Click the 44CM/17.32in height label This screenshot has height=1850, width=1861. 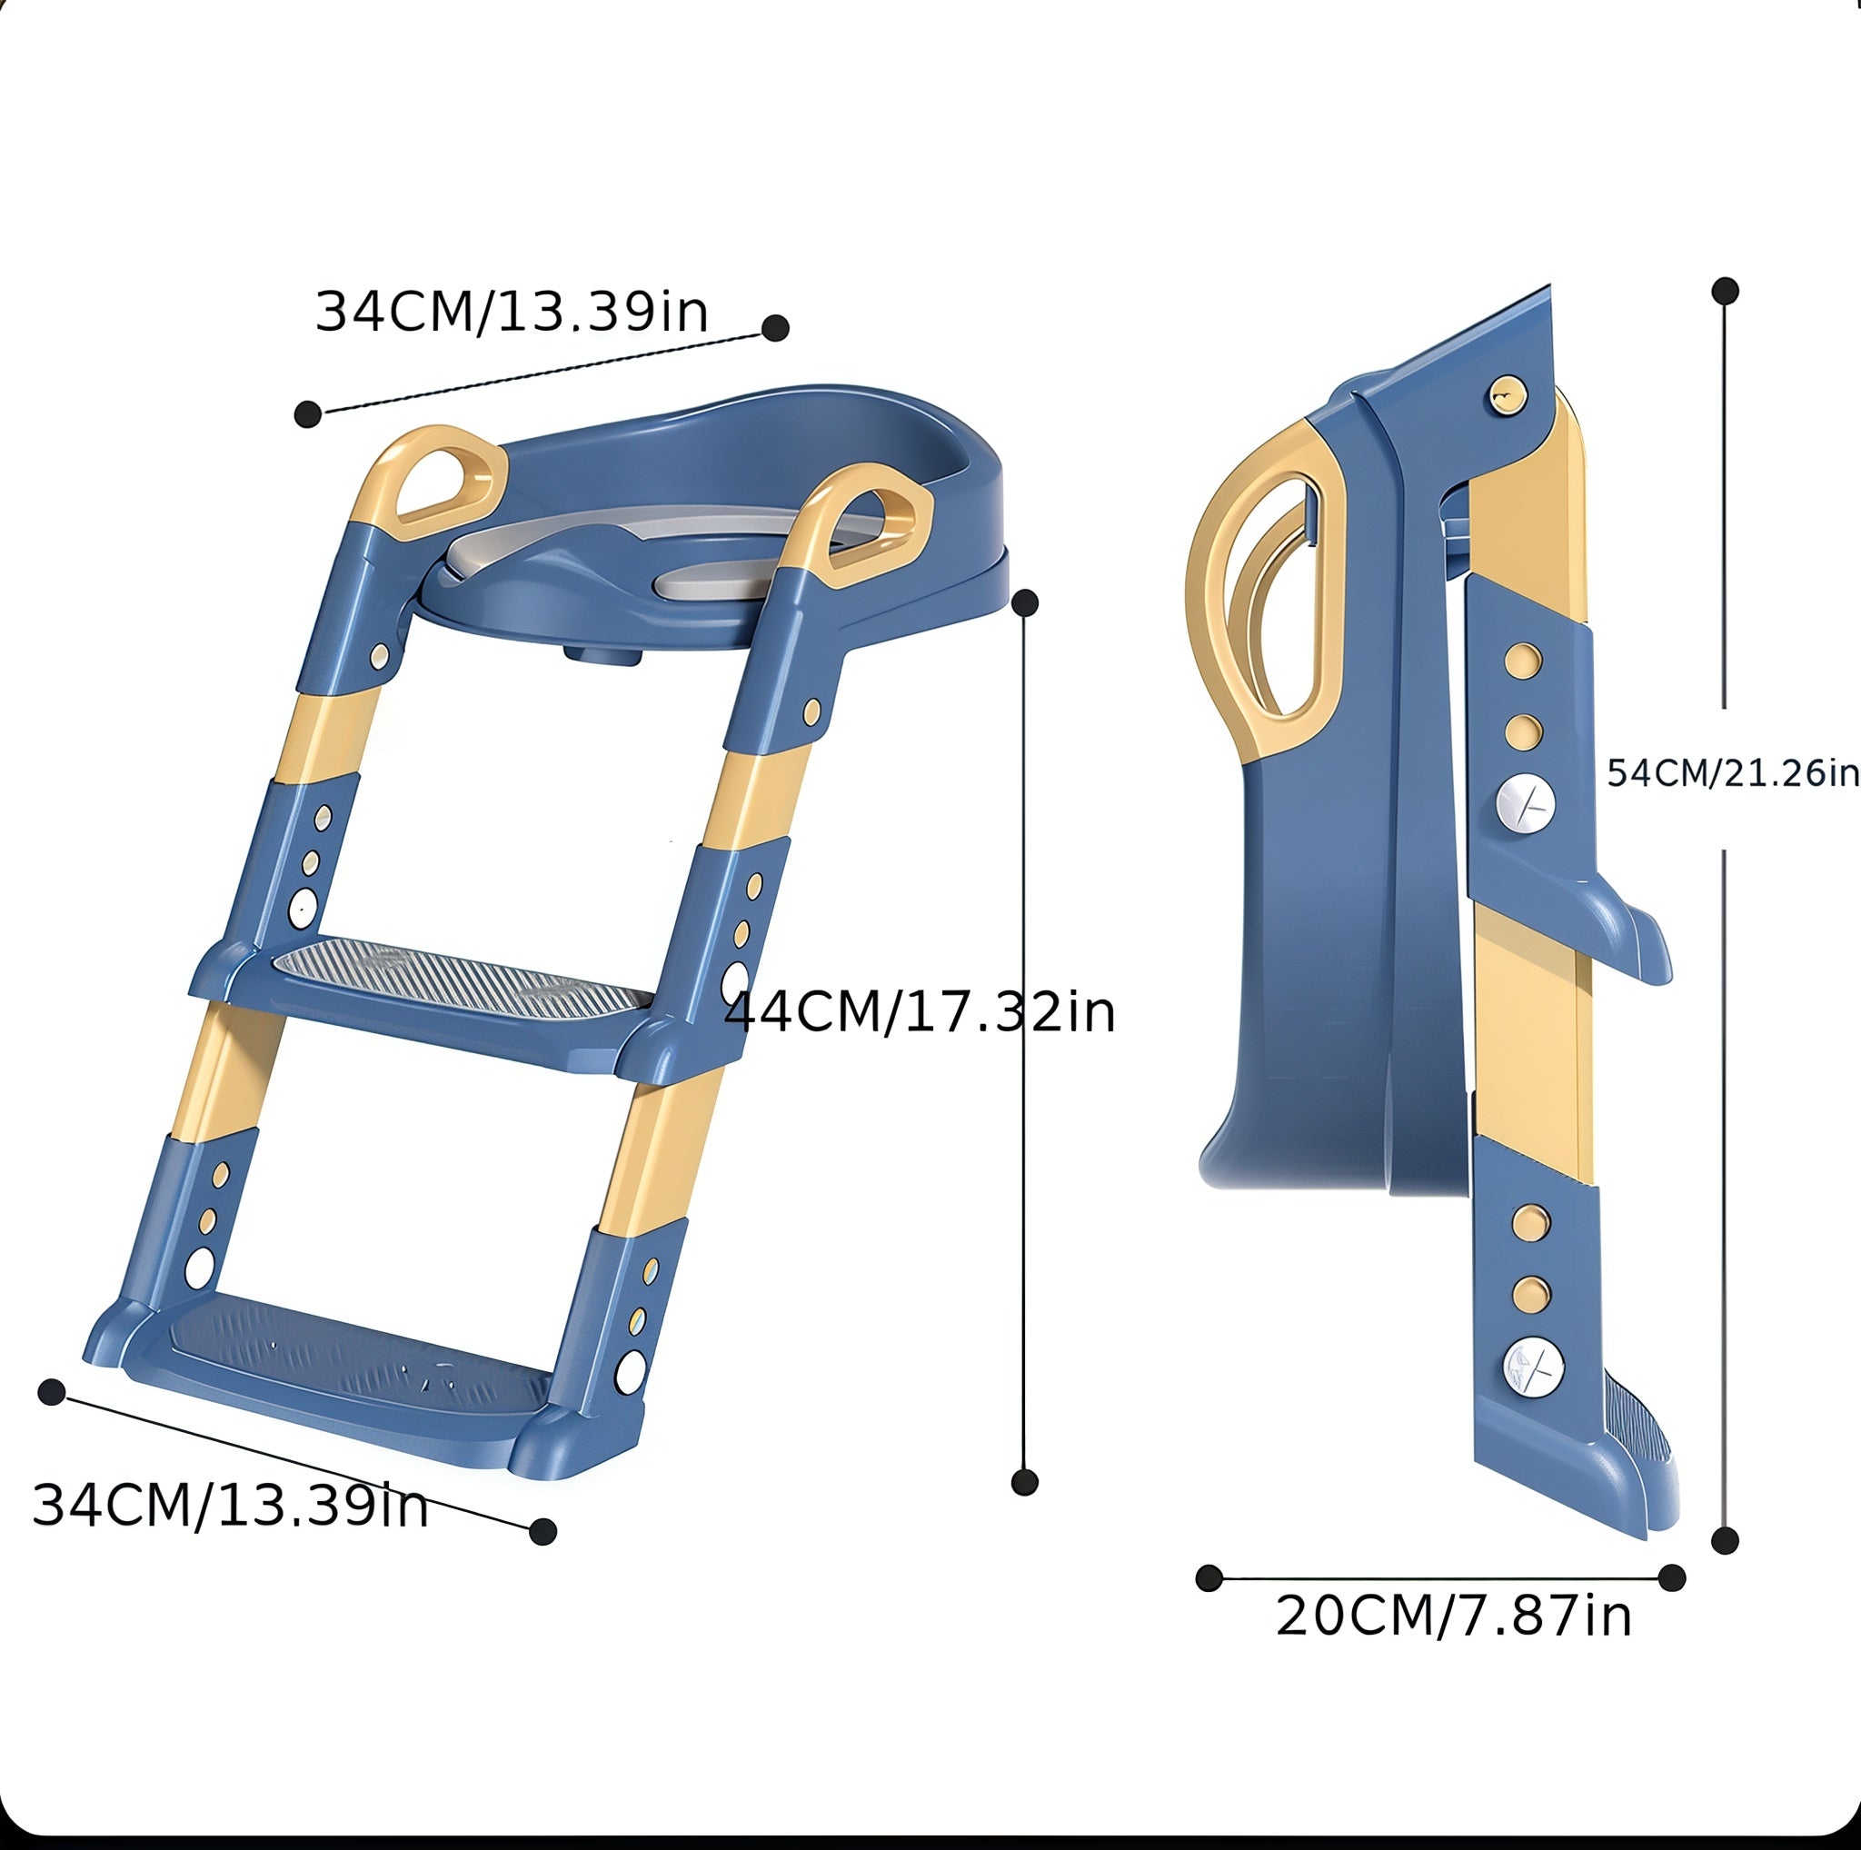[920, 1012]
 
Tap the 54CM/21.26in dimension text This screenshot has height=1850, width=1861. [1733, 773]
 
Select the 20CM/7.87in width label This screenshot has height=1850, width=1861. [1454, 1616]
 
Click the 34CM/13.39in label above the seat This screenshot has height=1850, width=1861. [512, 312]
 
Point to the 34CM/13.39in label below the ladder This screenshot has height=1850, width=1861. [229, 1506]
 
